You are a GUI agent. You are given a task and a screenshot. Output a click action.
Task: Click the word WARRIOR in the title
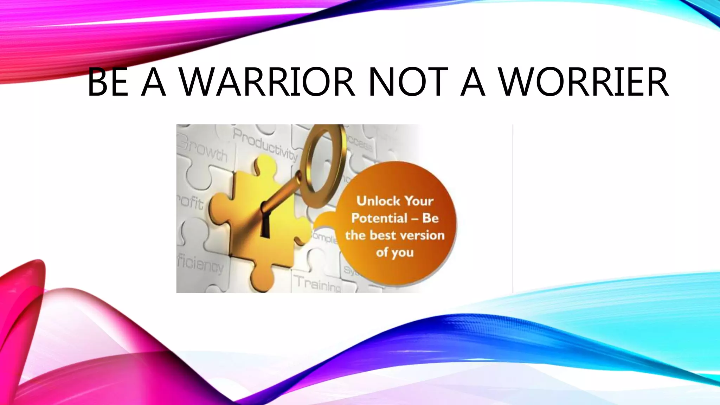pos(267,82)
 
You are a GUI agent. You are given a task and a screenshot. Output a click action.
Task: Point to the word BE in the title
pos(107,82)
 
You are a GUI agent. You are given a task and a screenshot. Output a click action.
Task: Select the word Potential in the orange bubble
pos(379,218)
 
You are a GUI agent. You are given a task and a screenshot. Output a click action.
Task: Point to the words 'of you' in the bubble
pos(394,252)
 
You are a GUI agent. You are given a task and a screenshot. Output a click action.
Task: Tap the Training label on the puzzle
pos(317,283)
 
